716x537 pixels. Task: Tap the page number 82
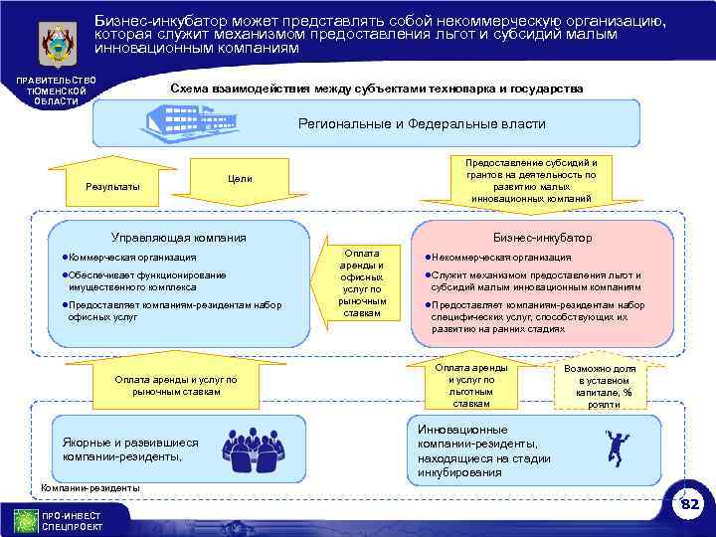click(689, 506)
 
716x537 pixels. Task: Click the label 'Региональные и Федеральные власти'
click(422, 123)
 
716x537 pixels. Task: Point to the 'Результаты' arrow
click(112, 186)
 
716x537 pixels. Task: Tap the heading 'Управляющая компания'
click(178, 238)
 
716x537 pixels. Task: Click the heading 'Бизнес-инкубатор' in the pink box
click(542, 238)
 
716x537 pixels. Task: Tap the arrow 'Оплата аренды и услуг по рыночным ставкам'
click(175, 386)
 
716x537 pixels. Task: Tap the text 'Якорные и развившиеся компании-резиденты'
click(130, 449)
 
